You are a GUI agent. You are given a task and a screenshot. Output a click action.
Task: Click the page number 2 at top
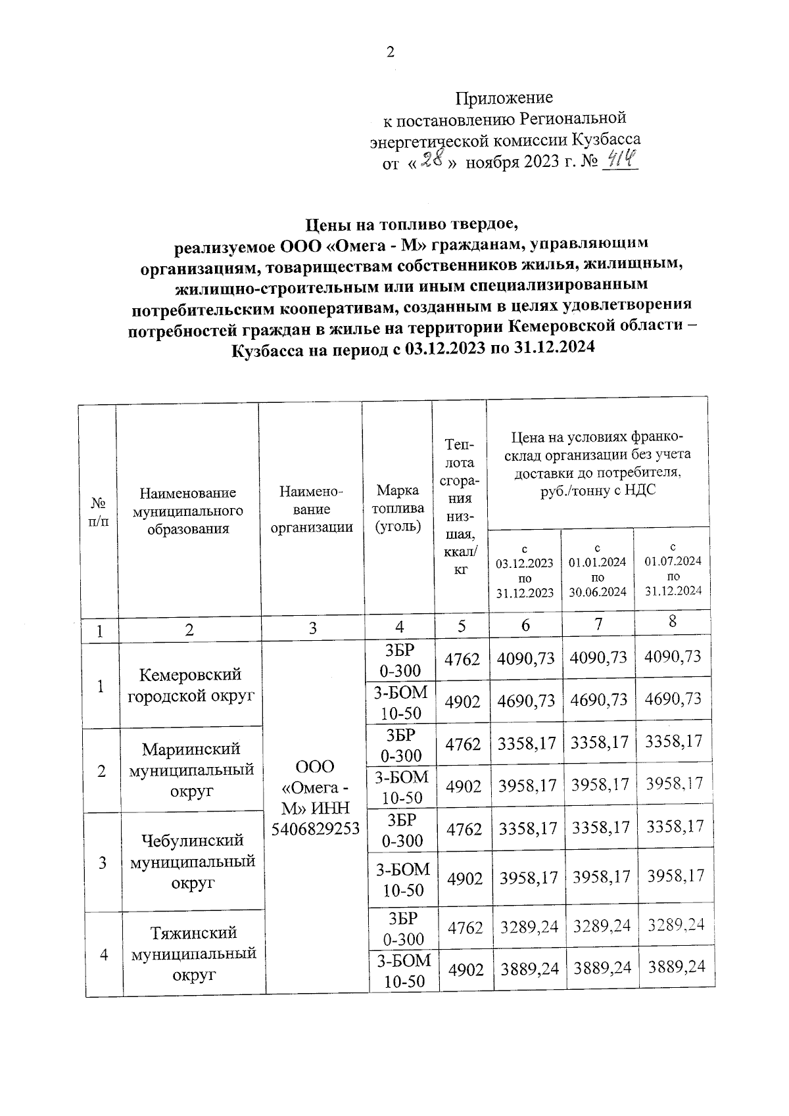[391, 53]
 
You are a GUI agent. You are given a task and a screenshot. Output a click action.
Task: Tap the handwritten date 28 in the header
[429, 160]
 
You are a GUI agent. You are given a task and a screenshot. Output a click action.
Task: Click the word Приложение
[504, 98]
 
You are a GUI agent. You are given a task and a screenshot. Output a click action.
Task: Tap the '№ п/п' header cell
[98, 511]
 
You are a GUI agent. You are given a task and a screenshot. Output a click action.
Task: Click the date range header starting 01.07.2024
[673, 569]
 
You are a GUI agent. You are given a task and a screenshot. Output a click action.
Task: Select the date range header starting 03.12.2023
[524, 570]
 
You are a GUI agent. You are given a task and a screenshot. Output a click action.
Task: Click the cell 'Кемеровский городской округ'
[191, 685]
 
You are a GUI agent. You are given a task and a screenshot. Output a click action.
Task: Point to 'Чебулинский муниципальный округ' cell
[193, 862]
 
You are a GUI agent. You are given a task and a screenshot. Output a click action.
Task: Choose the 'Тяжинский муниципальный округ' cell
[193, 954]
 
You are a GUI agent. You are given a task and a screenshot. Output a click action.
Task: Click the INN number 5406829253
[316, 828]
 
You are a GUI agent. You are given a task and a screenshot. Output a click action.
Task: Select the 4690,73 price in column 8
[673, 699]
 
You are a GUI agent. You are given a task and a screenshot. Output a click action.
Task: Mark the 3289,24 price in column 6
[529, 927]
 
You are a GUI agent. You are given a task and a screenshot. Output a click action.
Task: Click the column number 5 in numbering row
[462, 626]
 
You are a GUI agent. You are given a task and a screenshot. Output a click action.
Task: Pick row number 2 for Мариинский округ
[101, 771]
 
